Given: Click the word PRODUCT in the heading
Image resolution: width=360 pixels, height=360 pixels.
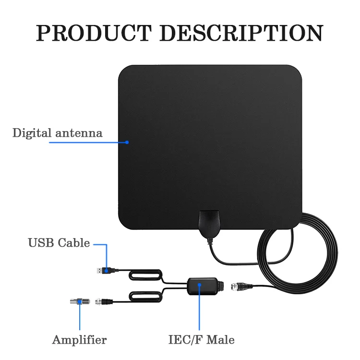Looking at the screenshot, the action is pos(94,33).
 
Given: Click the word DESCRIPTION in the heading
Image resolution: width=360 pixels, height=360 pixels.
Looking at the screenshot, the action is pos(241,33).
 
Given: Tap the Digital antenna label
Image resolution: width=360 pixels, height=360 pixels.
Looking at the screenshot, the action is pos(58,133).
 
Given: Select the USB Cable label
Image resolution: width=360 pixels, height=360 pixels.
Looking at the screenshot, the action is pos(59,243).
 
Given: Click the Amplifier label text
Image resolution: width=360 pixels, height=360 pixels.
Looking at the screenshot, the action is pos(79,340).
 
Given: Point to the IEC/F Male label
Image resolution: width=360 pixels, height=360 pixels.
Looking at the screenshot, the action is pos(201,340).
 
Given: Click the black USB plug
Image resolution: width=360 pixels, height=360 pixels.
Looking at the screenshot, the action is pos(106,271).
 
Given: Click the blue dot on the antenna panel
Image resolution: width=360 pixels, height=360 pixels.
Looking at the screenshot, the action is pos(127,142).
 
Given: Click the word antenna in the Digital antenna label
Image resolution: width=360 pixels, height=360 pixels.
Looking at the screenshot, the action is pos(79,133).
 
